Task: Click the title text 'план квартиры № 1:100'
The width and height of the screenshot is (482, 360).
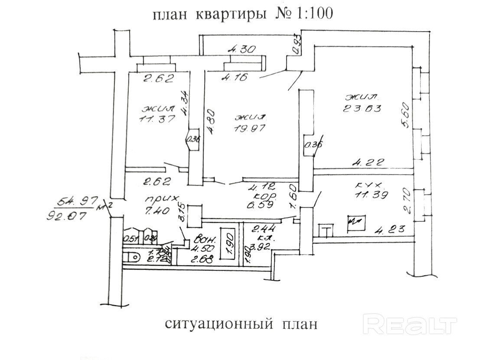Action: tap(243, 14)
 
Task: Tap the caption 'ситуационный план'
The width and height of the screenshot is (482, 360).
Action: tap(241, 324)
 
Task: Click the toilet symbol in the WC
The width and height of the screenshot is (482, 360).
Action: tap(131, 257)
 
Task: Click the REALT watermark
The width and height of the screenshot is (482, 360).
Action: tap(412, 324)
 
